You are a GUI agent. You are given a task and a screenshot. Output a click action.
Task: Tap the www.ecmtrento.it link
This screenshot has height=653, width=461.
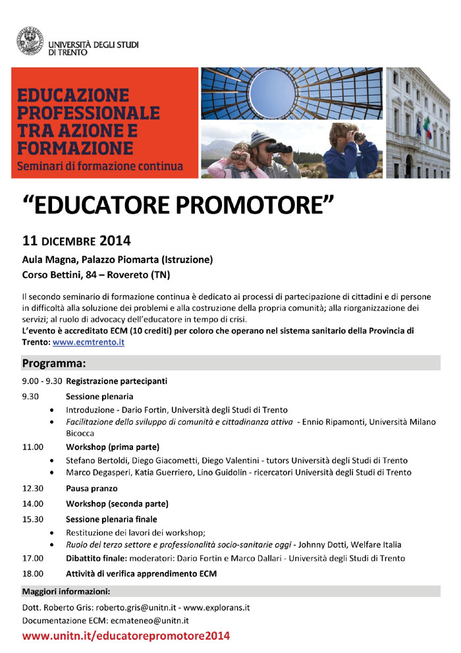[x=88, y=343]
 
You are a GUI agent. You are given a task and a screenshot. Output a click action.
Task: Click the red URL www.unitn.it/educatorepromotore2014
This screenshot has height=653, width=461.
[x=126, y=636]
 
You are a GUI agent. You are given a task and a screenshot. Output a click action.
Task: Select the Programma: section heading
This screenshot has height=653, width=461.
[x=54, y=363]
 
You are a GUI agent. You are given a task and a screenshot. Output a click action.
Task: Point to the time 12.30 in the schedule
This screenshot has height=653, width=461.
[x=33, y=488]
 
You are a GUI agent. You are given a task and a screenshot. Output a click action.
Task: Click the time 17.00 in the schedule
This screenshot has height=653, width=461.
[x=33, y=558]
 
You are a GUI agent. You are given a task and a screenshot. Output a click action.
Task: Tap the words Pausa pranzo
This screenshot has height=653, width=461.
[x=92, y=488]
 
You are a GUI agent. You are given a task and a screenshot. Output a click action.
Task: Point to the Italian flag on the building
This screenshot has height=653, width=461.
[x=427, y=127]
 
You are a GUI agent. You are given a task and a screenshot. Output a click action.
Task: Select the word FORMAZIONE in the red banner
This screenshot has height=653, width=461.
[x=76, y=146]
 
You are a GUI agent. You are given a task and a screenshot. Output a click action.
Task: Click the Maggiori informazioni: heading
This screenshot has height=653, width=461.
[x=66, y=591]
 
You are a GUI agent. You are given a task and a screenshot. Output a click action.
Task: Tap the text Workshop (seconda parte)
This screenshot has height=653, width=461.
[x=117, y=503]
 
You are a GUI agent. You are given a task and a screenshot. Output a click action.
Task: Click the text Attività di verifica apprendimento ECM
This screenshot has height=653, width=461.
[x=141, y=573]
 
